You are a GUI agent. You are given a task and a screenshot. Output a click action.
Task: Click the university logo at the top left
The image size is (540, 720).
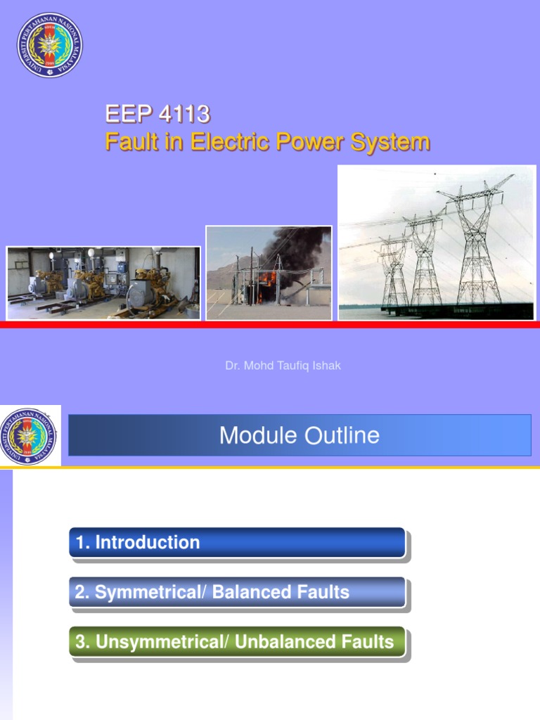tap(49, 45)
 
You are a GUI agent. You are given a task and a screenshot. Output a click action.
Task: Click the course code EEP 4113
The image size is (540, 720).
tap(157, 114)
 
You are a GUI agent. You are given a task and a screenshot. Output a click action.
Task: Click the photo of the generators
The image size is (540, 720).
tap(103, 283)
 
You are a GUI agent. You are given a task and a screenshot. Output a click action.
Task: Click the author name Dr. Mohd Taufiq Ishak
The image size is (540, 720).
tap(283, 366)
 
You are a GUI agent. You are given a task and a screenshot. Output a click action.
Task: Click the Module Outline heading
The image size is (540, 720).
tap(300, 435)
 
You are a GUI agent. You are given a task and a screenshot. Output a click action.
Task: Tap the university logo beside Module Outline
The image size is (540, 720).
tap(30, 436)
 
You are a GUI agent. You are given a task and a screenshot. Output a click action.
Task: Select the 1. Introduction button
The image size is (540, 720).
tap(237, 543)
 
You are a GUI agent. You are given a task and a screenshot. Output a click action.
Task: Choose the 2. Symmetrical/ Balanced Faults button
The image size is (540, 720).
tap(237, 592)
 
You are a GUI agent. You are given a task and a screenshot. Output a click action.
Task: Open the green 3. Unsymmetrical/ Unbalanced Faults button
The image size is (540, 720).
tap(237, 642)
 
